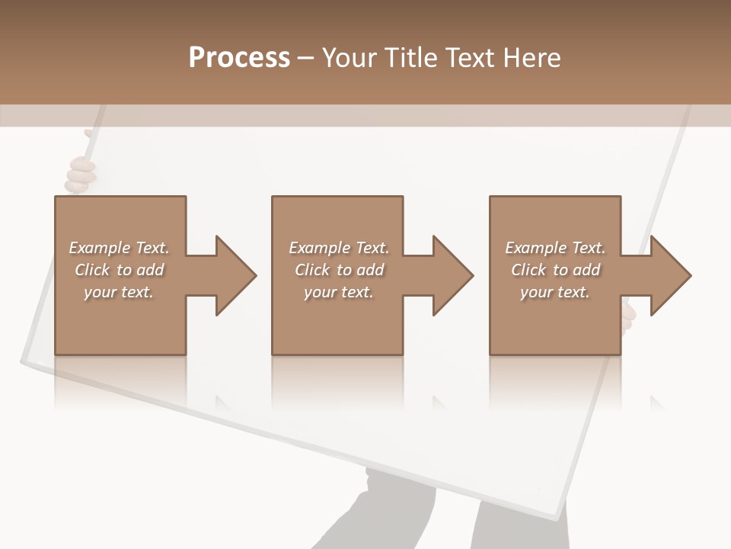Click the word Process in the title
[x=239, y=58]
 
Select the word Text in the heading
[x=469, y=58]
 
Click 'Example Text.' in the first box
[x=119, y=248]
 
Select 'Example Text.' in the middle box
[x=339, y=248]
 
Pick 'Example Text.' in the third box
[x=555, y=248]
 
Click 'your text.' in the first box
[x=119, y=292]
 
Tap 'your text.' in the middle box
[x=339, y=292]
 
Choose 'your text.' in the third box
[x=555, y=292]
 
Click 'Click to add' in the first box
[x=119, y=270]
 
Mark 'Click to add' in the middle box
[x=339, y=270]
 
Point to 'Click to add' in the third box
[x=555, y=270]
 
